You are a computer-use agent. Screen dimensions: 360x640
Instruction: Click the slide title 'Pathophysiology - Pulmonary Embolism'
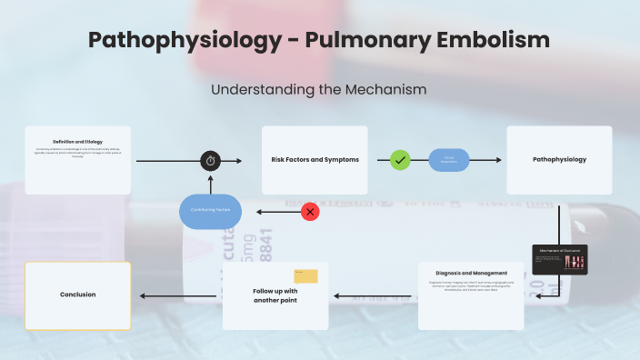point(319,40)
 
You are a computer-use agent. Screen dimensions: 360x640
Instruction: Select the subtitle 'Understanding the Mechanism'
point(318,90)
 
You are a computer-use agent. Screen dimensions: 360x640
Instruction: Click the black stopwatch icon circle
point(211,161)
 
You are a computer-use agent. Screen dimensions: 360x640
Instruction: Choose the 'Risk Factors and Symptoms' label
point(315,160)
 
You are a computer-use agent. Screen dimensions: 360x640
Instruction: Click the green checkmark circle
point(400,160)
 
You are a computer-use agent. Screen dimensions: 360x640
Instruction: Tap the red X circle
point(310,212)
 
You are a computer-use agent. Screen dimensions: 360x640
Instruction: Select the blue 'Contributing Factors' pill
point(210,211)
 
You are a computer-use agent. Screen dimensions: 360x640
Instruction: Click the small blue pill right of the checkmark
point(448,160)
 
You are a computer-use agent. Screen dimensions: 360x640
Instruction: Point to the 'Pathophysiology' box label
point(559,160)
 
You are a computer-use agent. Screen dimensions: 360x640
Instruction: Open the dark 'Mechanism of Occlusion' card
point(559,259)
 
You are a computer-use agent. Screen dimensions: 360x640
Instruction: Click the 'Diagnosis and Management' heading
point(471,273)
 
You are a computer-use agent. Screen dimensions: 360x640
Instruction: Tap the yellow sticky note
point(305,275)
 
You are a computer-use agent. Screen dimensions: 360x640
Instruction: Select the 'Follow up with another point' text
point(275,295)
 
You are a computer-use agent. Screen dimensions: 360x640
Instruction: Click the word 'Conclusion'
point(78,295)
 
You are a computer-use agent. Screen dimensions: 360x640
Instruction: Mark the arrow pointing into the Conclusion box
point(177,295)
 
